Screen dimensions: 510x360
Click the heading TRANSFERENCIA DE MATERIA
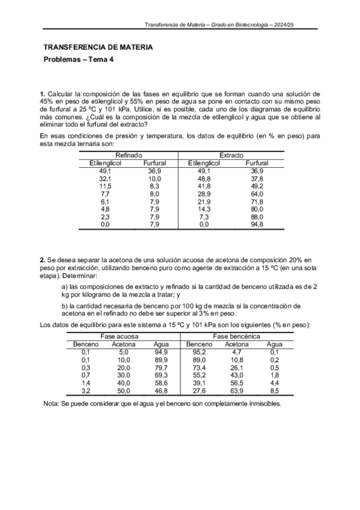tap(98, 47)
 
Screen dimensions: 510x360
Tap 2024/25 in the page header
tap(287, 25)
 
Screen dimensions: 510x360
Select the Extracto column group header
tap(231, 156)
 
